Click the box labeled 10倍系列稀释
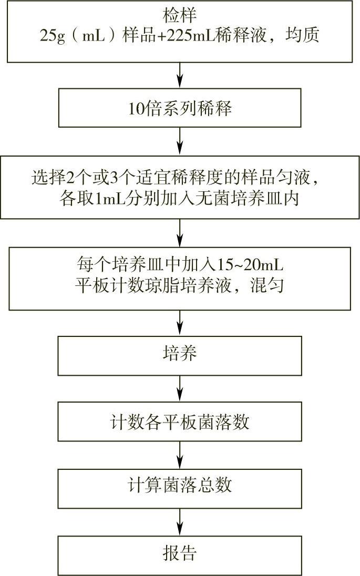(x=180, y=109)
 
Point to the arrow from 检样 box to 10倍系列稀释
(x=180, y=76)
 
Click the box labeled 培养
(x=180, y=354)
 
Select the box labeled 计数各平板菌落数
(x=180, y=421)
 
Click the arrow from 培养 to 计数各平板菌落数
(x=180, y=389)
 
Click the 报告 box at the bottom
(x=180, y=553)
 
